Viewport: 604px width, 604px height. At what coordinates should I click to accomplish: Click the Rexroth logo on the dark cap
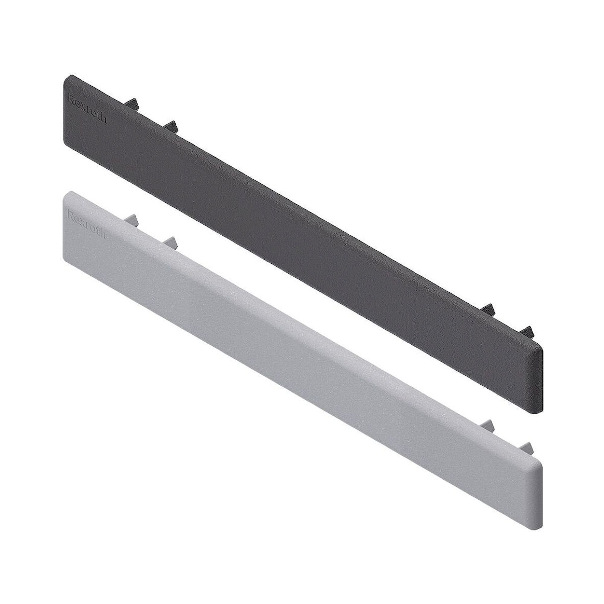coord(88,109)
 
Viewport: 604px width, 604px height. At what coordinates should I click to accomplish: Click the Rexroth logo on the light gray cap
coord(87,225)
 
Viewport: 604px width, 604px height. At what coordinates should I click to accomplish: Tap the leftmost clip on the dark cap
coord(133,103)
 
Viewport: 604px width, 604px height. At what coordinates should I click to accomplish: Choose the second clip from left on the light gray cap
coord(170,242)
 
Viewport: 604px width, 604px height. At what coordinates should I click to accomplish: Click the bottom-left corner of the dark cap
coord(66,143)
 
